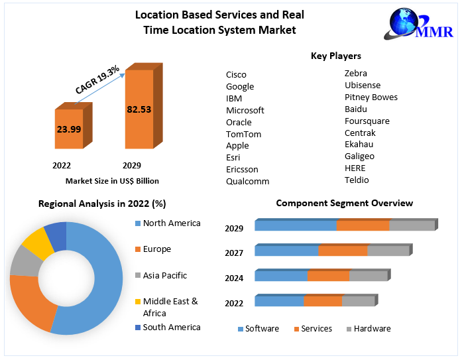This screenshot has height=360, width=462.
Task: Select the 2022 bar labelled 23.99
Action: pyautogui.click(x=69, y=129)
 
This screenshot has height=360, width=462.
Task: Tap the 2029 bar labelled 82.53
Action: pyautogui.click(x=139, y=109)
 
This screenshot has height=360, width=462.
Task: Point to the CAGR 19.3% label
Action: pyautogui.click(x=97, y=79)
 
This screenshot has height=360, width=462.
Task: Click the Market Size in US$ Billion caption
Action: pyautogui.click(x=112, y=180)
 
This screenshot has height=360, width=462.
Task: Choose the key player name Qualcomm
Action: pyautogui.click(x=247, y=181)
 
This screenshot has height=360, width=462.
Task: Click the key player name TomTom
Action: pyautogui.click(x=243, y=134)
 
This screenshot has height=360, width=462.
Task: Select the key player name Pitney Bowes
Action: pyautogui.click(x=371, y=97)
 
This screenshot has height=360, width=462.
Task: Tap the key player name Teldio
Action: pyautogui.click(x=357, y=180)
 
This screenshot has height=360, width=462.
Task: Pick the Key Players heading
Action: pyautogui.click(x=336, y=56)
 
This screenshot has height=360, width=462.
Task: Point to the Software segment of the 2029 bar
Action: pyautogui.click(x=295, y=225)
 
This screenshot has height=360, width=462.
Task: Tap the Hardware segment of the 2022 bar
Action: pyautogui.click(x=358, y=301)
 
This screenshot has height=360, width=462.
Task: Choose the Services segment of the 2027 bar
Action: pyautogui.click(x=343, y=251)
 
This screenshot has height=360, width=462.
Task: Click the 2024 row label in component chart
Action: pyautogui.click(x=234, y=278)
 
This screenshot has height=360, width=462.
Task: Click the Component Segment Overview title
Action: pyautogui.click(x=344, y=203)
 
